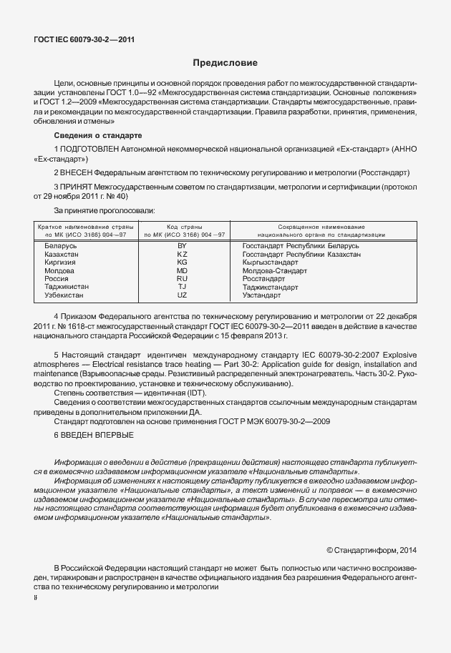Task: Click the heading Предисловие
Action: [x=225, y=64]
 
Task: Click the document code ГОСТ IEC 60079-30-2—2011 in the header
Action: [x=84, y=39]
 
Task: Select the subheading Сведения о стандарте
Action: [x=98, y=135]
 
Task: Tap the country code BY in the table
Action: [x=182, y=246]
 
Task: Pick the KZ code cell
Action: [x=182, y=255]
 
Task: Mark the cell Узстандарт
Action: [x=261, y=295]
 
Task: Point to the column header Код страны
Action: [x=183, y=227]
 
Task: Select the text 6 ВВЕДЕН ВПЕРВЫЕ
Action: [x=93, y=435]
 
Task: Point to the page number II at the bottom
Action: [x=36, y=596]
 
